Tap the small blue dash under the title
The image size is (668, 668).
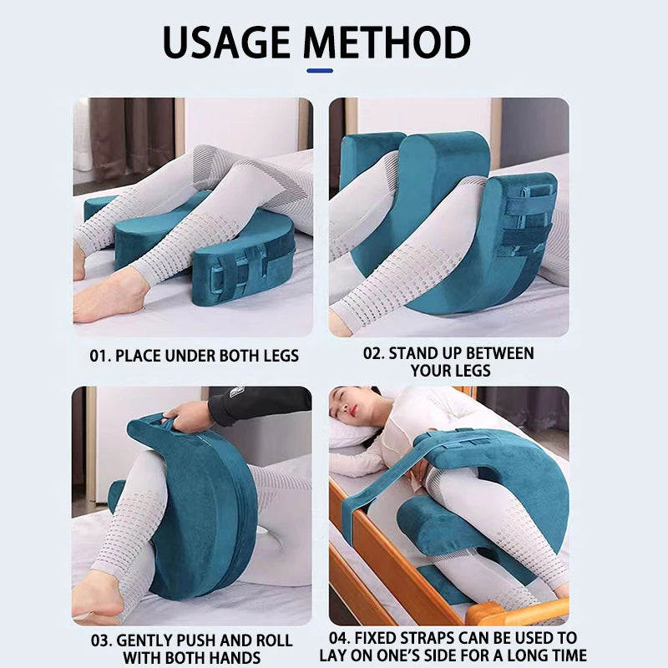point(320,71)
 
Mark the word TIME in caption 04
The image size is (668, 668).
point(560,655)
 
